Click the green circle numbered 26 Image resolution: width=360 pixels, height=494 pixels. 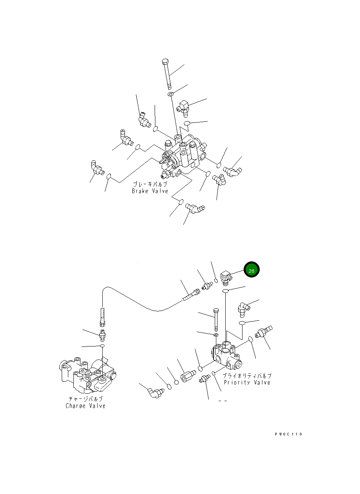coord(251,270)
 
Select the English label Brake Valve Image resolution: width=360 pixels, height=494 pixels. coord(150,191)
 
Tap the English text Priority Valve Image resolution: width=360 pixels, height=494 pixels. coord(246,382)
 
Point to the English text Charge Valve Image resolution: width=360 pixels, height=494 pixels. coord(85,406)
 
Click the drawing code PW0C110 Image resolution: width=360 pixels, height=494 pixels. coord(288,434)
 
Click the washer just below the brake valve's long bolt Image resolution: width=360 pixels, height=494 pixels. coord(171,94)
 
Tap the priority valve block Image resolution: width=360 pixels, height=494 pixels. coord(226,355)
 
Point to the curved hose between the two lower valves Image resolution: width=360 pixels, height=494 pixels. coord(148,304)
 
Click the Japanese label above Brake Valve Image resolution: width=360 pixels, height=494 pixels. coord(150,184)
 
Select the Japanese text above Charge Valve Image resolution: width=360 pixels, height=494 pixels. coord(86,399)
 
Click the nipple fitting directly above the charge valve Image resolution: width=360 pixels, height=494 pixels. coord(102,335)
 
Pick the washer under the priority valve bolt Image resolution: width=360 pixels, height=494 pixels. coord(216,335)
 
